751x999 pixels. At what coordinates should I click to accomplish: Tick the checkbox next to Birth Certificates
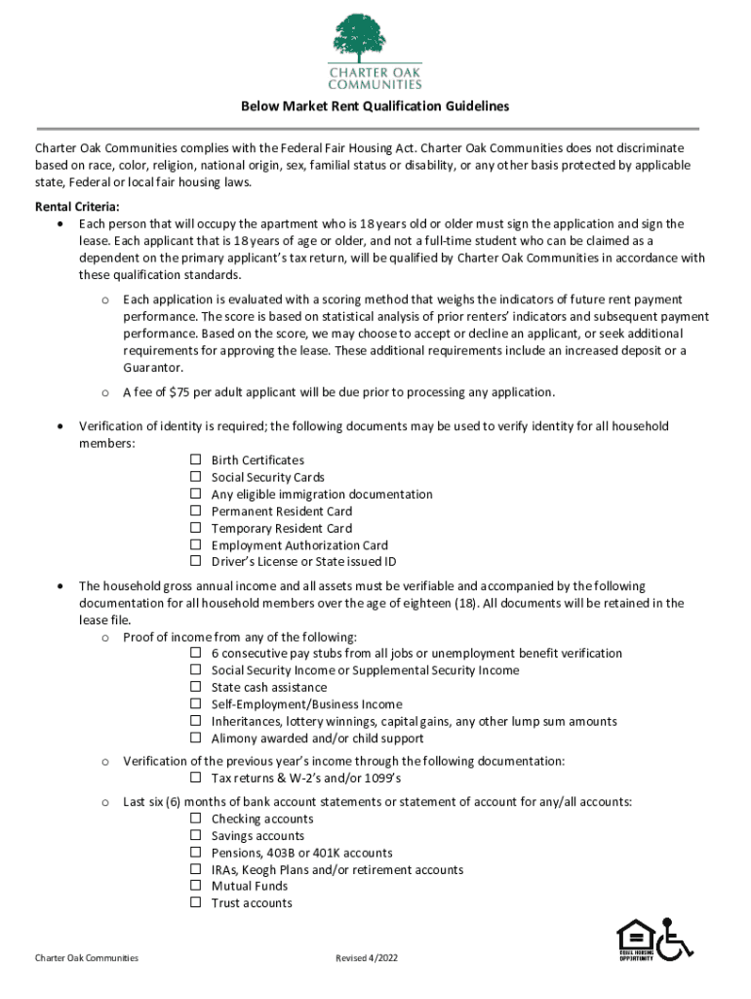click(195, 460)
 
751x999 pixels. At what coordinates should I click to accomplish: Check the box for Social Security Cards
click(195, 477)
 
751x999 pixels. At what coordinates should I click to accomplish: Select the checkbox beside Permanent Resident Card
click(195, 511)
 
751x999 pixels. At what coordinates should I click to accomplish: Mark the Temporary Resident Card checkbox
click(195, 528)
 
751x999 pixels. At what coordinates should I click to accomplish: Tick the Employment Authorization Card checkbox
click(195, 545)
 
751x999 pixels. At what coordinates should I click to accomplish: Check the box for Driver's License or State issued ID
click(195, 562)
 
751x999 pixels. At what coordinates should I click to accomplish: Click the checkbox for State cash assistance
click(195, 687)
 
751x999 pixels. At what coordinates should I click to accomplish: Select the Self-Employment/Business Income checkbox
click(195, 704)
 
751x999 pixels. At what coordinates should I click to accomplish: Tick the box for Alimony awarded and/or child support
click(195, 739)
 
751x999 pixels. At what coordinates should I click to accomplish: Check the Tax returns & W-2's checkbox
click(195, 778)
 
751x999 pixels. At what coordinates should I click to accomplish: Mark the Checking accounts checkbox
click(195, 819)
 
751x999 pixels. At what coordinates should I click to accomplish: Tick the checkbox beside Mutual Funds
click(195, 886)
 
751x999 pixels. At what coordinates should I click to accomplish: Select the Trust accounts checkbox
click(195, 903)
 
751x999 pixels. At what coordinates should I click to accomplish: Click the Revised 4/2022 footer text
click(367, 958)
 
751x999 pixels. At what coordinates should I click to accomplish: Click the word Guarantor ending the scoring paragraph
click(152, 368)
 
